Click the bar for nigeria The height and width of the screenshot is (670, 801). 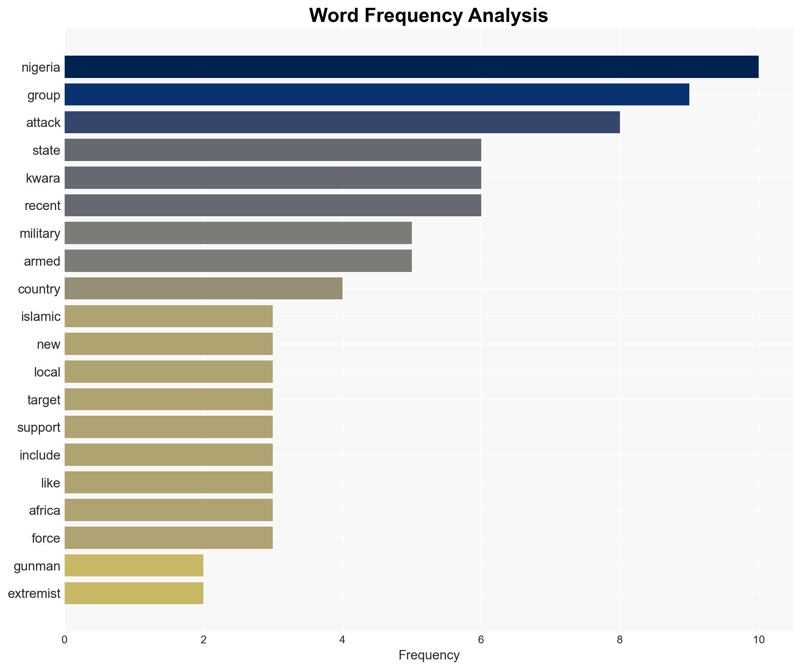click(411, 67)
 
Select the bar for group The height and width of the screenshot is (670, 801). click(377, 94)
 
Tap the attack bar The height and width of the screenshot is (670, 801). click(342, 122)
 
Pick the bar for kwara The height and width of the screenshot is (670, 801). click(273, 177)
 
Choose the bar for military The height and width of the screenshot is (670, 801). click(238, 233)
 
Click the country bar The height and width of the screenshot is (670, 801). click(203, 288)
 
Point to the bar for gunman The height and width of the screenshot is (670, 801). click(134, 565)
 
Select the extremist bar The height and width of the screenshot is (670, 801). click(134, 593)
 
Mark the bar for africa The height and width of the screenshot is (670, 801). click(169, 510)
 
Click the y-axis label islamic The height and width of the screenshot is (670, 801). click(41, 317)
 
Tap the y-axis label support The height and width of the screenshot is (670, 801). click(39, 427)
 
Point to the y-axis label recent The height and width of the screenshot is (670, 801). click(42, 206)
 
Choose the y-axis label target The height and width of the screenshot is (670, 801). click(44, 400)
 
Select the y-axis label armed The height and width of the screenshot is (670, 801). click(42, 261)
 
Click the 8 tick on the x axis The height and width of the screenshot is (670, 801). click(620, 640)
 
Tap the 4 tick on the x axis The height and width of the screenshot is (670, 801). click(342, 640)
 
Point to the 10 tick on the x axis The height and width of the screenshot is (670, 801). click(758, 640)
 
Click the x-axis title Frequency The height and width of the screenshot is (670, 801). click(429, 656)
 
